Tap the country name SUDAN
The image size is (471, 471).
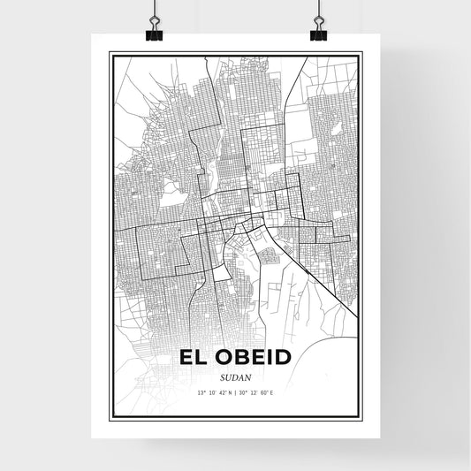234,375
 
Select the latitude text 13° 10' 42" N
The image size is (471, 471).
209,391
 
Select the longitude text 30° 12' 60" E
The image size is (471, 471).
260,391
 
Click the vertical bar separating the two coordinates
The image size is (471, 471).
234,391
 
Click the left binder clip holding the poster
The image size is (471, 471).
153,30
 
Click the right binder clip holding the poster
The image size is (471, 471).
317,30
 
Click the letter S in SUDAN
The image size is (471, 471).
222,375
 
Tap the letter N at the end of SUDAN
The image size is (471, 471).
247,375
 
